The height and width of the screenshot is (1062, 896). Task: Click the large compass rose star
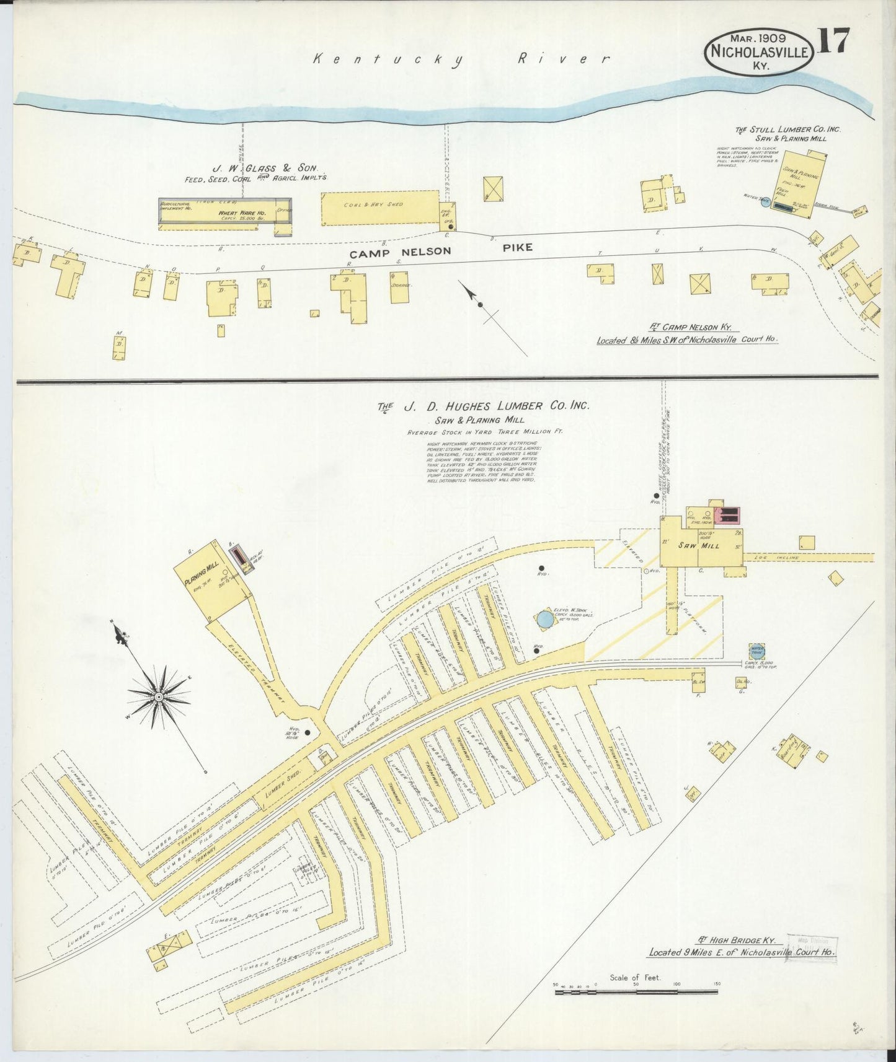click(x=159, y=697)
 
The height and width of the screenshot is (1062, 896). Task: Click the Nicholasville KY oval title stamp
click(x=760, y=52)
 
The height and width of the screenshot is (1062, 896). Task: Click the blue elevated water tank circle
click(x=545, y=618)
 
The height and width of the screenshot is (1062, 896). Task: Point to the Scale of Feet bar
click(x=636, y=991)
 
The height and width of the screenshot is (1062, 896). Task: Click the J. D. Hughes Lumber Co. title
click(x=484, y=406)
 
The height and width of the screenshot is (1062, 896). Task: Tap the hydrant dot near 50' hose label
click(x=307, y=732)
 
